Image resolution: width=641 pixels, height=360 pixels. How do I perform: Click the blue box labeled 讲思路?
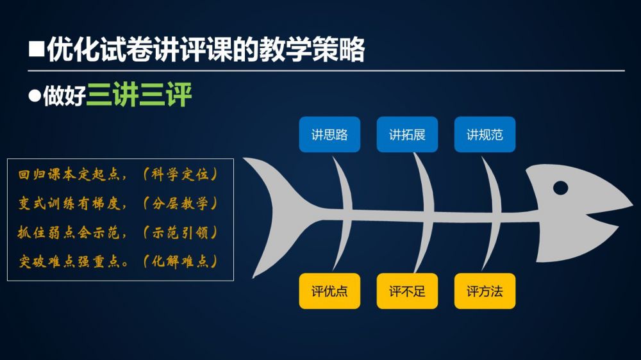coord(329,135)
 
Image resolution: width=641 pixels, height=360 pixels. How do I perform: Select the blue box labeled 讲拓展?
coord(407,135)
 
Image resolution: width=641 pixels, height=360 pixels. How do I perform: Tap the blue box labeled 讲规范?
coord(485,135)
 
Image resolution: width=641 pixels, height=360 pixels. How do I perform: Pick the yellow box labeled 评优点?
coord(329,291)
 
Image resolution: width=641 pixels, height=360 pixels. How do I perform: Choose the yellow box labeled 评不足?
coord(407,291)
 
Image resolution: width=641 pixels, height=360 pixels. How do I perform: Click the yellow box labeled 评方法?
coord(485,291)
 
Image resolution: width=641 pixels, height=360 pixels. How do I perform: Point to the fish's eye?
coord(560,188)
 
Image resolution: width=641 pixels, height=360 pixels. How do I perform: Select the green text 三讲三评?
coord(139,94)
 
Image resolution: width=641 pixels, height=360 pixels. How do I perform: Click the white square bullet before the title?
coord(37,49)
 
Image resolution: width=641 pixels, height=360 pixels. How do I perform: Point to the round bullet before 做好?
coord(35,95)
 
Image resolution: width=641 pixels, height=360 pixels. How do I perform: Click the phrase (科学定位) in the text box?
coord(180,174)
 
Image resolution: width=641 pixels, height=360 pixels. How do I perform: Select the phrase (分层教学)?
coord(180,204)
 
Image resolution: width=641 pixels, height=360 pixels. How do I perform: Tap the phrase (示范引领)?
coord(180,233)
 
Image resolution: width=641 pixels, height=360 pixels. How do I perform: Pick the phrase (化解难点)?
coord(180,261)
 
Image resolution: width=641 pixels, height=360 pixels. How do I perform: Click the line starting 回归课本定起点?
coord(118,174)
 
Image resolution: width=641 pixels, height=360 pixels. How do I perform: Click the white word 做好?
coord(64,95)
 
